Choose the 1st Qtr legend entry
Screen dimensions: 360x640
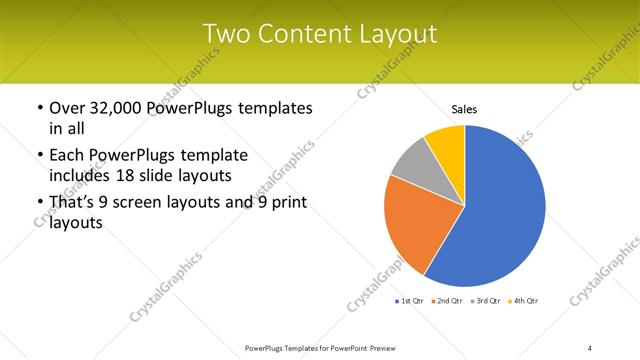click(x=412, y=301)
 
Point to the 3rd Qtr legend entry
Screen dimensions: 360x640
click(x=487, y=301)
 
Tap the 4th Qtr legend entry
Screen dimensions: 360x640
click(x=524, y=301)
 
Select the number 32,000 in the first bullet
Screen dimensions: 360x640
click(x=119, y=108)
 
